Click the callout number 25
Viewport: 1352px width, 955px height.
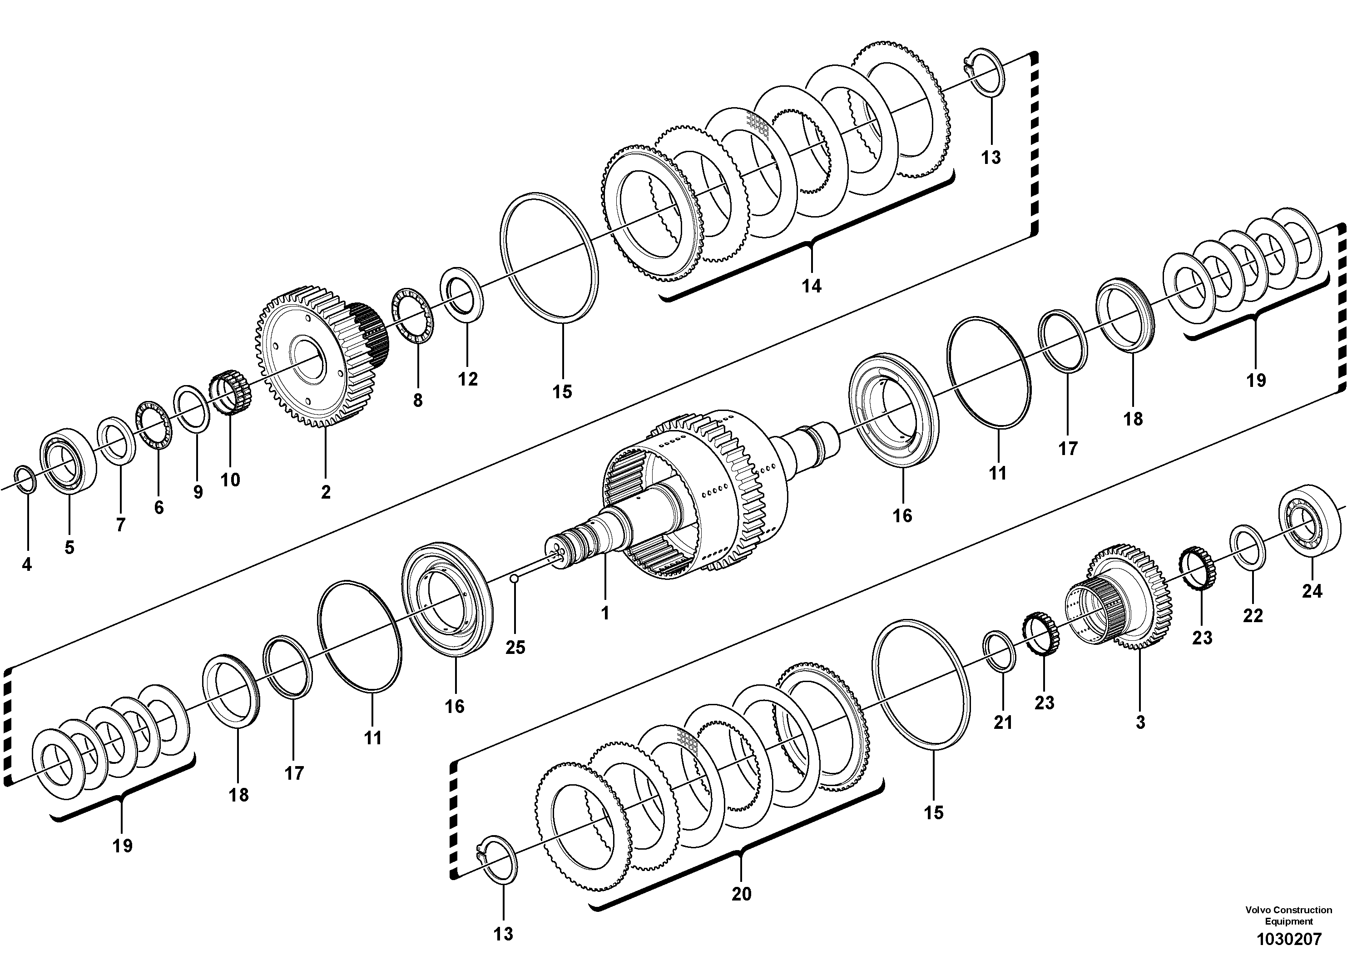pos(515,647)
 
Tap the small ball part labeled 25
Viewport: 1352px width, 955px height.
pos(514,579)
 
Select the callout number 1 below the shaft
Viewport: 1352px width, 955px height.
pos(605,614)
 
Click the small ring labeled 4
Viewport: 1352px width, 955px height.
pos(25,478)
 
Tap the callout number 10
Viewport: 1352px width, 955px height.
pos(230,480)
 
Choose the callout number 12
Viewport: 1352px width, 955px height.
pos(468,379)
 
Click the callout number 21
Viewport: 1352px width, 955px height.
pos(1003,722)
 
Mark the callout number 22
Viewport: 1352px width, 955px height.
pos(1253,616)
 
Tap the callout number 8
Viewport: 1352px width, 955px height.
pos(417,401)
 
